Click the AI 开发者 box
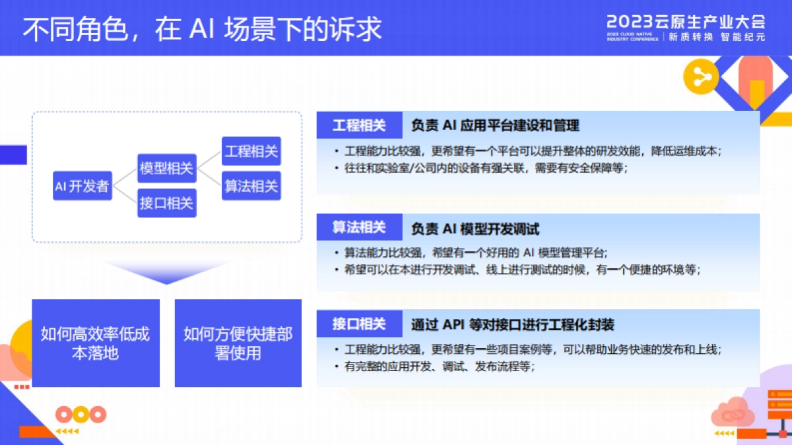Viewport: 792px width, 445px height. pos(82,186)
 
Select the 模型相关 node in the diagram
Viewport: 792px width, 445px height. pos(166,168)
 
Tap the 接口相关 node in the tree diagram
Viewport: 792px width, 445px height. pos(166,203)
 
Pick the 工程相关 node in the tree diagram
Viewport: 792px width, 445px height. pos(251,151)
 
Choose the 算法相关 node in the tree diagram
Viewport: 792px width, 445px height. pos(251,186)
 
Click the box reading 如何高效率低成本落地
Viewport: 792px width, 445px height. pos(96,343)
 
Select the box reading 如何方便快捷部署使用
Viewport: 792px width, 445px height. pos(238,343)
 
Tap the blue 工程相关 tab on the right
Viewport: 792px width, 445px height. pos(359,125)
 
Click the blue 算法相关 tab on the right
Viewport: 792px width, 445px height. pos(359,228)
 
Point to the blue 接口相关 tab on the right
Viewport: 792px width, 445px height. pos(359,324)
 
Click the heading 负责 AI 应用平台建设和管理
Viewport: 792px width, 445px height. pos(495,125)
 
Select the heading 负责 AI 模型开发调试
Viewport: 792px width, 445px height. pos(475,229)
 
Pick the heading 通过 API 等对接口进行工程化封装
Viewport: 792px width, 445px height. pos(513,324)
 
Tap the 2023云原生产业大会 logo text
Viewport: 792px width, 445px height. pos(686,20)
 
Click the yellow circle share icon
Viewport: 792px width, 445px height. pos(700,78)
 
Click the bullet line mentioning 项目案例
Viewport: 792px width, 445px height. pos(532,350)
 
